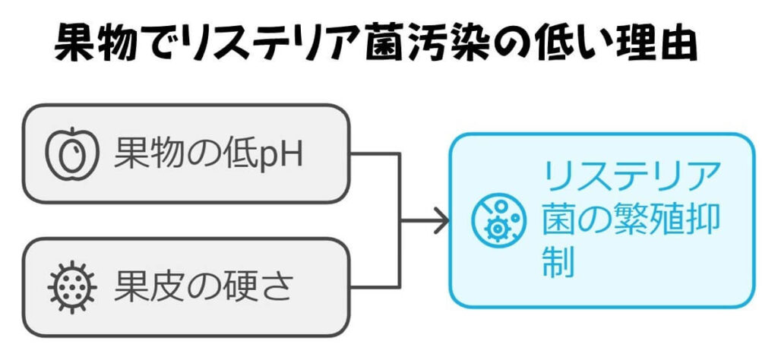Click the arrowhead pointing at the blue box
point(441,221)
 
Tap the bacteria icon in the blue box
point(498,220)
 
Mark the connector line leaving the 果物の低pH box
point(375,154)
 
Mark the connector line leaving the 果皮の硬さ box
point(375,288)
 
